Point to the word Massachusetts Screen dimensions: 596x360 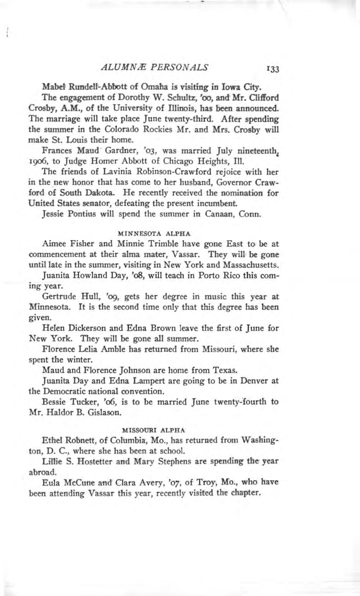point(251,265)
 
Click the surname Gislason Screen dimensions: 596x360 point(103,412)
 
